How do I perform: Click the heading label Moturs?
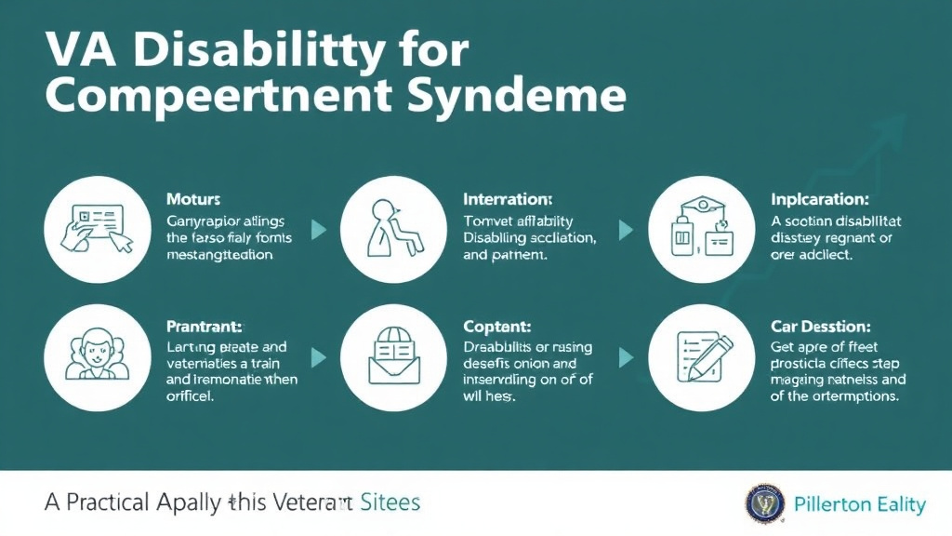click(x=193, y=200)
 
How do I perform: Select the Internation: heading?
click(x=508, y=199)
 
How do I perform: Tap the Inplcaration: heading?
click(x=820, y=199)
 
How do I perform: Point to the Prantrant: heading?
click(x=205, y=327)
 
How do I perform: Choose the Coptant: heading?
click(x=496, y=327)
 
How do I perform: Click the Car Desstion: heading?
click(x=821, y=327)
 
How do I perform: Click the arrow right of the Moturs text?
click(x=319, y=230)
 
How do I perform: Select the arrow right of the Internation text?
click(x=626, y=230)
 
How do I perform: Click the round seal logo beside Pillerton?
click(x=765, y=504)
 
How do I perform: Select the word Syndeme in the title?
click(x=534, y=96)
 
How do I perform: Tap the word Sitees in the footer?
click(x=390, y=503)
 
